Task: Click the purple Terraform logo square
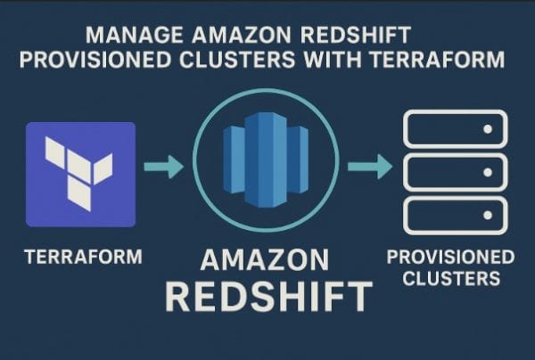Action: pyautogui.click(x=80, y=175)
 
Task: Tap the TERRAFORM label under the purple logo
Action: pyautogui.click(x=83, y=257)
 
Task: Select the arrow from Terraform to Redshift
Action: pyautogui.click(x=162, y=167)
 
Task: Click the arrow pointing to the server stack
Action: pyautogui.click(x=369, y=167)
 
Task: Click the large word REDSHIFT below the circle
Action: pyautogui.click(x=267, y=297)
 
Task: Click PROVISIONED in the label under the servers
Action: pyautogui.click(x=450, y=257)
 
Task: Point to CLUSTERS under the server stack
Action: pyautogui.click(x=450, y=278)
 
